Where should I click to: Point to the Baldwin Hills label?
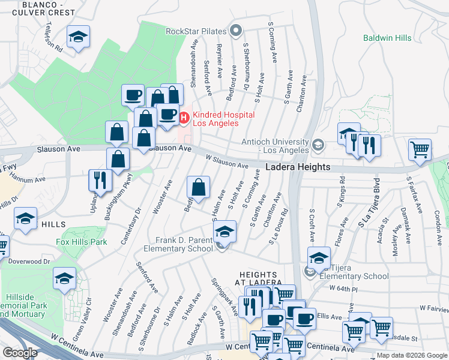(x=387, y=38)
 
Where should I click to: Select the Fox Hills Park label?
(x=81, y=242)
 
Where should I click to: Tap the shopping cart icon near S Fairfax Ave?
(x=420, y=150)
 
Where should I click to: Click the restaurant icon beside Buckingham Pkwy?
(x=100, y=180)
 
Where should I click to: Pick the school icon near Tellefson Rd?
(x=77, y=38)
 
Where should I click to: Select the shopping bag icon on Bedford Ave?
(x=198, y=188)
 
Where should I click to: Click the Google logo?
(x=20, y=353)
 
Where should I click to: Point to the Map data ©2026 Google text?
(x=411, y=355)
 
